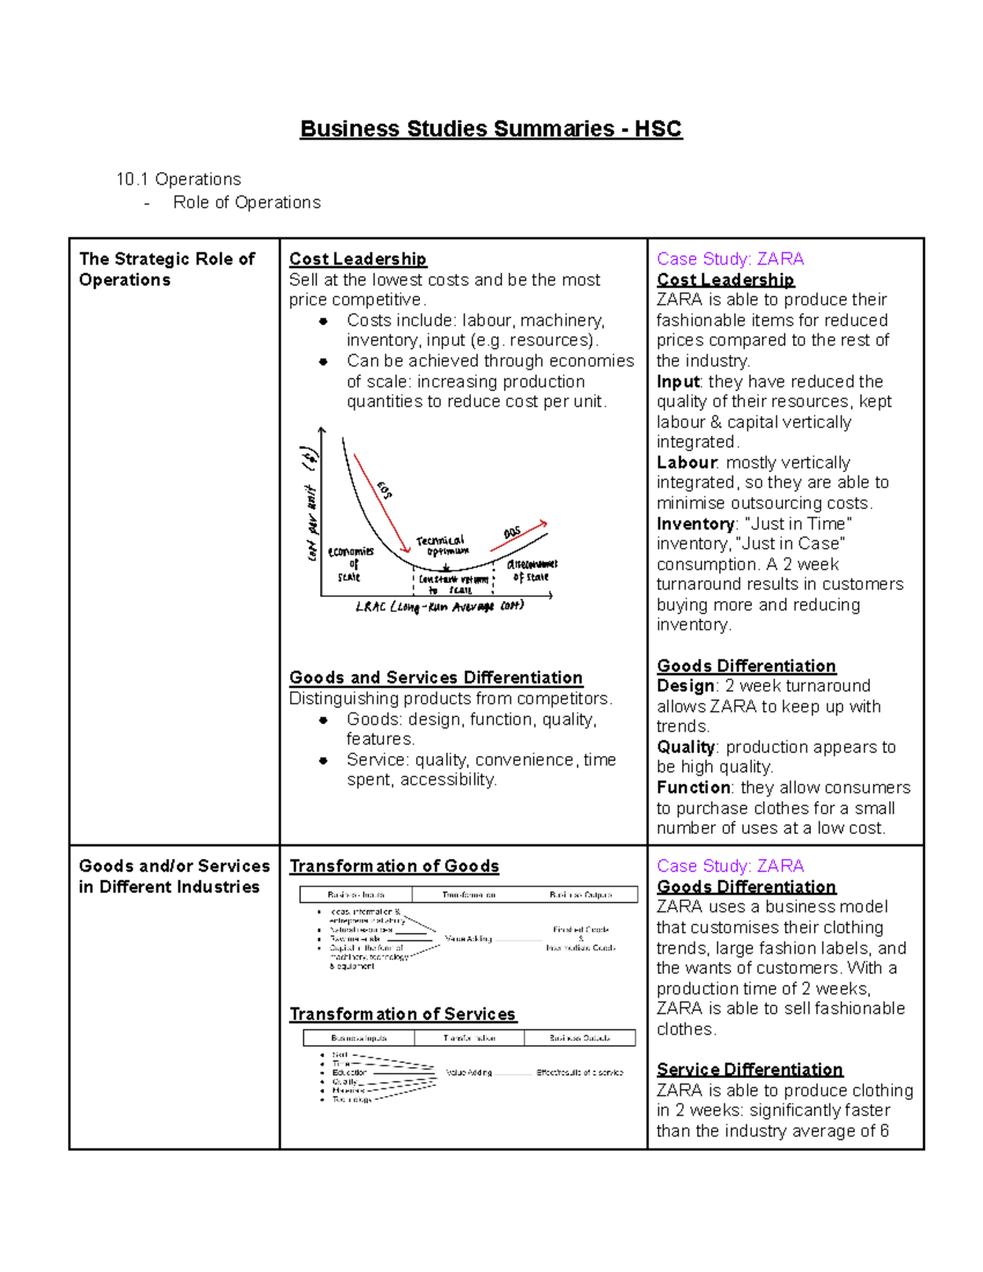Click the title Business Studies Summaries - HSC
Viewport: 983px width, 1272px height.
click(491, 129)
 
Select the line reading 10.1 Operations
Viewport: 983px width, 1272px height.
click(179, 179)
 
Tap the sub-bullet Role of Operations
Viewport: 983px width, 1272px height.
click(247, 202)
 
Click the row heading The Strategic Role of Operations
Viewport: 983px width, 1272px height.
click(166, 269)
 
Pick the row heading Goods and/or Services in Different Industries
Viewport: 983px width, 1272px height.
click(174, 876)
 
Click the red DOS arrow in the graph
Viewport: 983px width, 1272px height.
click(519, 535)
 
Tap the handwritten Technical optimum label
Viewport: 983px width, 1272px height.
click(441, 545)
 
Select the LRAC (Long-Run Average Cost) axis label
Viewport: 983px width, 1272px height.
click(439, 607)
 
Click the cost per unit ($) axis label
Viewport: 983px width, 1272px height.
click(310, 504)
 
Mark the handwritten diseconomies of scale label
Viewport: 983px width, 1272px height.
click(532, 571)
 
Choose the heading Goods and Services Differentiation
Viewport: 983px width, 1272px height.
click(436, 677)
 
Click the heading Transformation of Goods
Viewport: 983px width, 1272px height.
click(394, 866)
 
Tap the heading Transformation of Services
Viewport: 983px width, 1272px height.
click(402, 1014)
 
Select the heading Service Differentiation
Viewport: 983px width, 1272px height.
click(750, 1069)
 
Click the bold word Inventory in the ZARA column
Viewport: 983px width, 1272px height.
click(695, 523)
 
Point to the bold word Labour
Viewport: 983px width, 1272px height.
click(686, 463)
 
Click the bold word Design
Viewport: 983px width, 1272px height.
click(686, 686)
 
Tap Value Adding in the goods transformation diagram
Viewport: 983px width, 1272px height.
click(469, 939)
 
